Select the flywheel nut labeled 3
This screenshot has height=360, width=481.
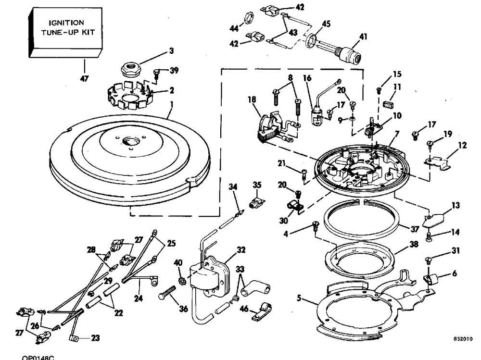(130, 70)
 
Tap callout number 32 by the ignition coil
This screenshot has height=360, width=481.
(241, 250)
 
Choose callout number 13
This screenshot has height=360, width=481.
(455, 205)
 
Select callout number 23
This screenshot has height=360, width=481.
(95, 338)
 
